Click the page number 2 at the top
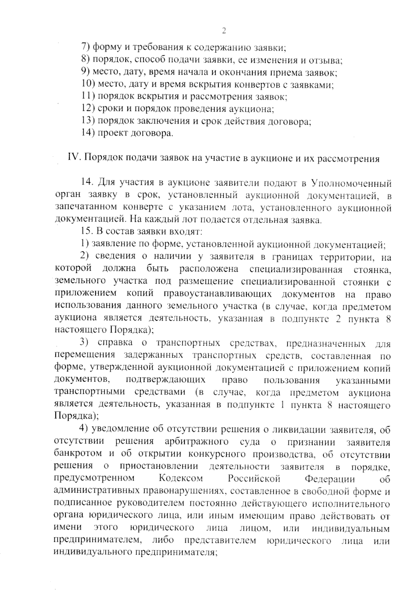[x=224, y=31]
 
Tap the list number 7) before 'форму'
[x=86, y=47]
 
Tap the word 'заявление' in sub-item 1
[x=111, y=244]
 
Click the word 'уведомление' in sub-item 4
[x=121, y=429]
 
